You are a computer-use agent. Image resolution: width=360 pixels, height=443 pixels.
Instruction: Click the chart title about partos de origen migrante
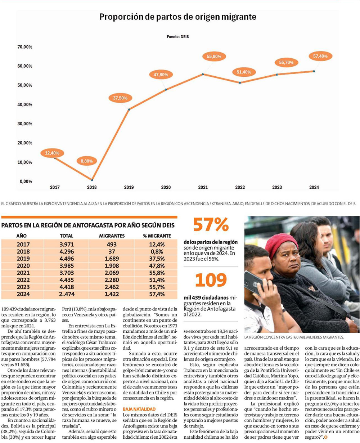[x=178, y=17]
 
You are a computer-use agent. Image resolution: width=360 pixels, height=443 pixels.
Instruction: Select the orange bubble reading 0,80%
[x=86, y=161]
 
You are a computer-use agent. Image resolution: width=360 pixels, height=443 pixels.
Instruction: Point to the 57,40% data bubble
[x=320, y=56]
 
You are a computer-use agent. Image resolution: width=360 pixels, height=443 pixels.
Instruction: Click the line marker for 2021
[x=203, y=74]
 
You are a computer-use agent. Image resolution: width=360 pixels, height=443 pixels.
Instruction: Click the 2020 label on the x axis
[x=166, y=188]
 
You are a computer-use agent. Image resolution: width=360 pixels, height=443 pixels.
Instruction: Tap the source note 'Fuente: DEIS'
[x=178, y=37]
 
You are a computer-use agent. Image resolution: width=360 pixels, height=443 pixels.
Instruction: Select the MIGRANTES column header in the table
[x=112, y=236]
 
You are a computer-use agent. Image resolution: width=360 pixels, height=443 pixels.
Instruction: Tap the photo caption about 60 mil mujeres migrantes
[x=294, y=337]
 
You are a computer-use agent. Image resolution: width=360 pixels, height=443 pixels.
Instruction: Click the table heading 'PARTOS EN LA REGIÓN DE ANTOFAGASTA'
[x=88, y=225]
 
